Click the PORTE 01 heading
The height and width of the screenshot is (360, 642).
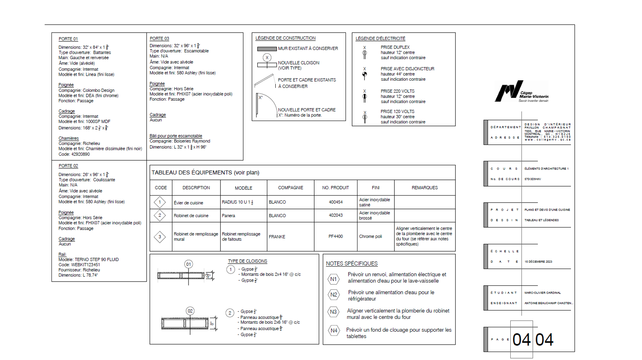pos(68,39)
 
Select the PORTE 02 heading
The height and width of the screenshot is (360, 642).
pos(68,166)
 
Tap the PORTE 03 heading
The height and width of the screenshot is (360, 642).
pos(159,38)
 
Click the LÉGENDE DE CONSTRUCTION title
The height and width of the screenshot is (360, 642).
pos(285,38)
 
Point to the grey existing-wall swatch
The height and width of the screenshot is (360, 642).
pos(266,49)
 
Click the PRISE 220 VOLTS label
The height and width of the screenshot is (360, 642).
pos(397,91)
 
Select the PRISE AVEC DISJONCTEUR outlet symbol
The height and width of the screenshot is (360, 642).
pos(364,75)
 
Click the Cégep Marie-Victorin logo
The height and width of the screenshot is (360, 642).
pos(521,91)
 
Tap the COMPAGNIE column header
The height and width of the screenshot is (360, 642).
pos(290,188)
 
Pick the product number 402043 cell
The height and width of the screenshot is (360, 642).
pos(336,216)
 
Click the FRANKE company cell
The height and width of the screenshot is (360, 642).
pos(277,237)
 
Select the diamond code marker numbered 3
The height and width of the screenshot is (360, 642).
pos(160,237)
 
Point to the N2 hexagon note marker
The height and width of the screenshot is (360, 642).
pos(334,295)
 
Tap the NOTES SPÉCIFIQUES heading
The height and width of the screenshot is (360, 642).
pos(351,264)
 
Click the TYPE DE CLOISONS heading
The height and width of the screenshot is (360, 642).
pos(247,261)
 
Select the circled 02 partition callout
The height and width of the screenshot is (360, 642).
pos(190,311)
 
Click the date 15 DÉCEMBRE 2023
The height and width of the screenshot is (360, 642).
pos(538,262)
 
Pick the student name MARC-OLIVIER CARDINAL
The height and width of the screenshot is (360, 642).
pos(542,293)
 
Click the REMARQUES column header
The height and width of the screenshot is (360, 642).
pos(424,188)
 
